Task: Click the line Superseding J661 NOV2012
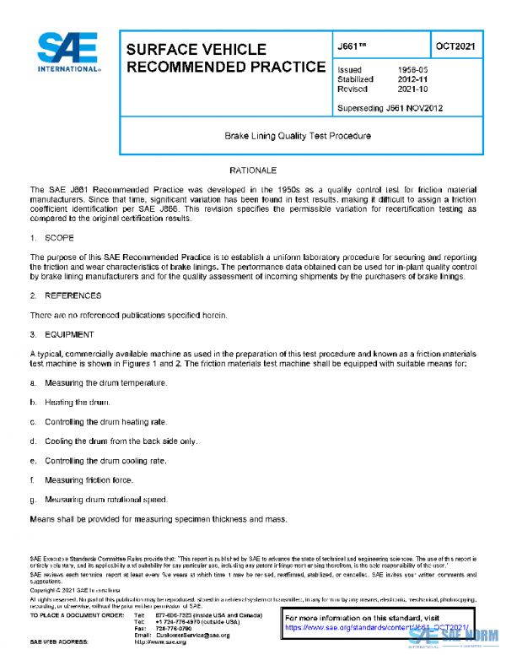pyautogui.click(x=390, y=108)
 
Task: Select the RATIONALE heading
pyautogui.click(x=252, y=171)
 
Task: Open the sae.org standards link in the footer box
pyautogui.click(x=374, y=628)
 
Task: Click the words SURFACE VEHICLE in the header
pyautogui.click(x=196, y=50)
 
